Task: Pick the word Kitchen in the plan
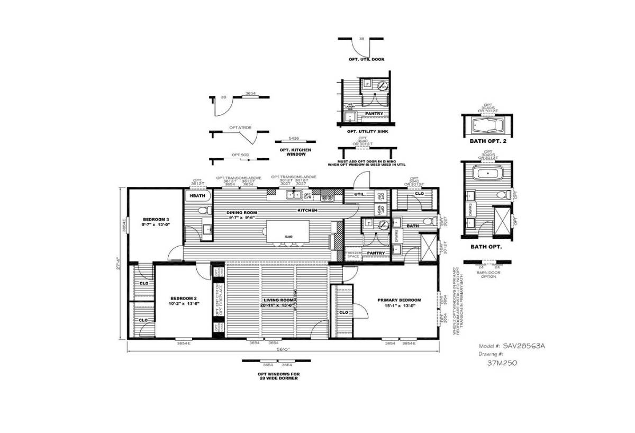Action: (x=307, y=210)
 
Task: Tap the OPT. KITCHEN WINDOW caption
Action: (x=295, y=152)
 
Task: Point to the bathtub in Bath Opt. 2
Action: (x=486, y=126)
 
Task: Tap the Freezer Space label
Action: (x=353, y=255)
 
